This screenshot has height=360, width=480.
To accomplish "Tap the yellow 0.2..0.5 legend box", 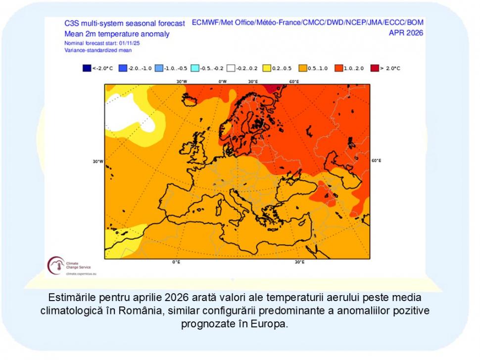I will [x=268, y=68].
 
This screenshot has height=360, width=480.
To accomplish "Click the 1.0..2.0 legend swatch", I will [x=340, y=68].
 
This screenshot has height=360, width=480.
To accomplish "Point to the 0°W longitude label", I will [x=223, y=81].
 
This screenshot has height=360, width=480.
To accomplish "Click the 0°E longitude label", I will [x=176, y=262].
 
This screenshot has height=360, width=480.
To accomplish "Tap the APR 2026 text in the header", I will [x=406, y=33].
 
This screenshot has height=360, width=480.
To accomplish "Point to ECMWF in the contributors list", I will [x=206, y=23].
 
